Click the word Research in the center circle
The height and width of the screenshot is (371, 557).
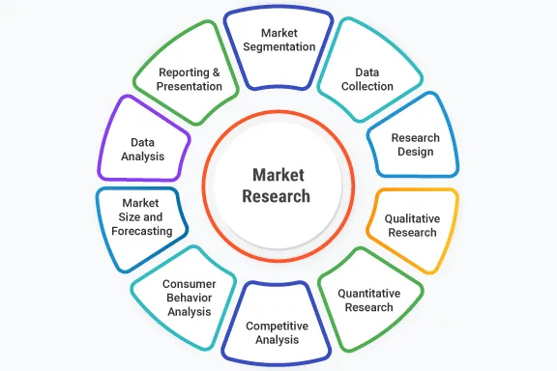click(x=278, y=196)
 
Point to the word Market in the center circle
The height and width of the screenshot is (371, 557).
click(x=278, y=175)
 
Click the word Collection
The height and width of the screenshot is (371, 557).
click(x=368, y=86)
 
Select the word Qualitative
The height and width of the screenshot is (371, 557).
click(x=412, y=219)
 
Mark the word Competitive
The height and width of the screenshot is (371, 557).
click(x=277, y=326)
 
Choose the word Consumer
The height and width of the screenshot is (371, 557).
click(x=189, y=283)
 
